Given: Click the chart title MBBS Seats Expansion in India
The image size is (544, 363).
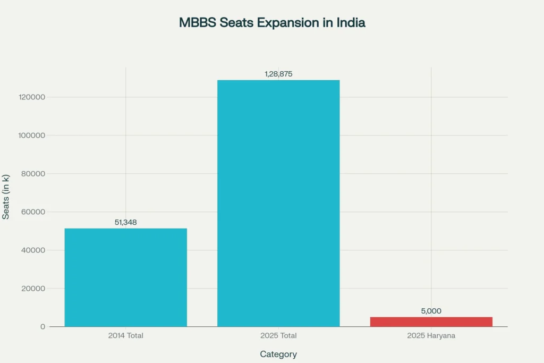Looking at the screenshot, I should [272, 23].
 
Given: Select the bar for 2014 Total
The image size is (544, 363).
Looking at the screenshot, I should [126, 277].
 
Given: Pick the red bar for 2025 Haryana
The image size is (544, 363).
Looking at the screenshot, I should [431, 322].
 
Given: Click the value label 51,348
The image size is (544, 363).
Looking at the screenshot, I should [126, 222].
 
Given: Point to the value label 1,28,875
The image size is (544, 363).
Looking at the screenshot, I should [278, 74].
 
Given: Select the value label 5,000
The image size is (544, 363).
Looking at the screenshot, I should [431, 311].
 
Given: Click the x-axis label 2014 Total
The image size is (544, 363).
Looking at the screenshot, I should [126, 336].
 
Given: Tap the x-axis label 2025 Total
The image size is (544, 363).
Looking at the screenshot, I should [278, 336].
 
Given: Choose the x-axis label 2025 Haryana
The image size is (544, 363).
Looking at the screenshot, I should [431, 336].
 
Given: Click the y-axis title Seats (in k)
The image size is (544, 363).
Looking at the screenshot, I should [6, 197].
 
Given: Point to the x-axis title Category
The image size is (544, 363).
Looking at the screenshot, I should [278, 354].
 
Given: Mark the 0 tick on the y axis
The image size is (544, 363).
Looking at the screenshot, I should [42, 327].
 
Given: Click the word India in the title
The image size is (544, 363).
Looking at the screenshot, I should [351, 23].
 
